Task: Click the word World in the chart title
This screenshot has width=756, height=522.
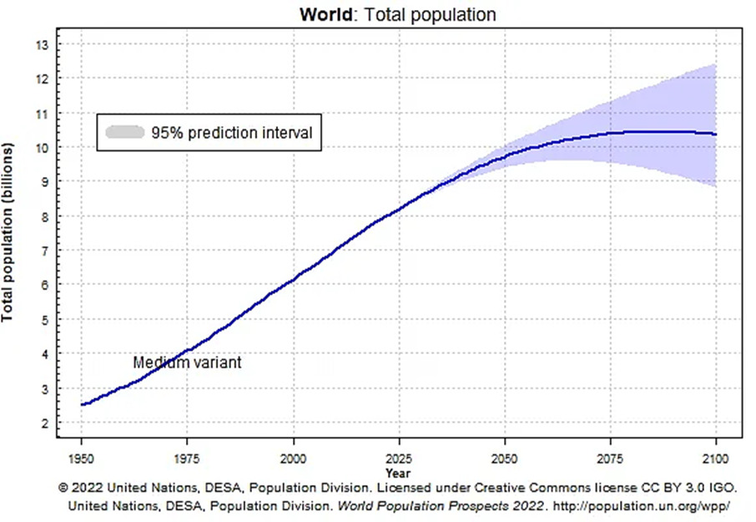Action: pos(326,14)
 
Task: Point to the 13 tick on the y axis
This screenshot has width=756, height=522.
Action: pos(43,45)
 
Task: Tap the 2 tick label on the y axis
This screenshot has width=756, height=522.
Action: pos(45,423)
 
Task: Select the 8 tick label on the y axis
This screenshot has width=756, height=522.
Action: pos(45,217)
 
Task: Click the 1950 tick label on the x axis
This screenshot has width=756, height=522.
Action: pos(81,459)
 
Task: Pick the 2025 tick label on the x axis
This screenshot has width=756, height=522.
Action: pos(399,459)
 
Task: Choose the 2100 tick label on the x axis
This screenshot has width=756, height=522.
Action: pos(716,459)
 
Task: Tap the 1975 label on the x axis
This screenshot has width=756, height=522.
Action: pos(187,459)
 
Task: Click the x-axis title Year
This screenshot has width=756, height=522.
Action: pos(398,474)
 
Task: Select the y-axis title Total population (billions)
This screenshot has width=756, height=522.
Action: pos(8,232)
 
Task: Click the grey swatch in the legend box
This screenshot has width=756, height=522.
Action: pos(125,132)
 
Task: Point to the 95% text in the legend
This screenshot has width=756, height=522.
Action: pos(167,133)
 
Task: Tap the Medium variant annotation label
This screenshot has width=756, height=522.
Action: pos(187,362)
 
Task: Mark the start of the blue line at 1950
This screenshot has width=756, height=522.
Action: pos(82,405)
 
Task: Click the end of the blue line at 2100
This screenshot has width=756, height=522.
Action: pos(716,134)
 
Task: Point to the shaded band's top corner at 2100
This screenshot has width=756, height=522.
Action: pos(715,63)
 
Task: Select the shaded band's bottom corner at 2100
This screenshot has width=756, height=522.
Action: pos(716,186)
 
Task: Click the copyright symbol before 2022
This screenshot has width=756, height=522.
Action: pos(63,488)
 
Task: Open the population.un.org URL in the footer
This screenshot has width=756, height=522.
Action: pos(641,506)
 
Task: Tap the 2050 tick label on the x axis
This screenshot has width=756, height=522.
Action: pos(504,459)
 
